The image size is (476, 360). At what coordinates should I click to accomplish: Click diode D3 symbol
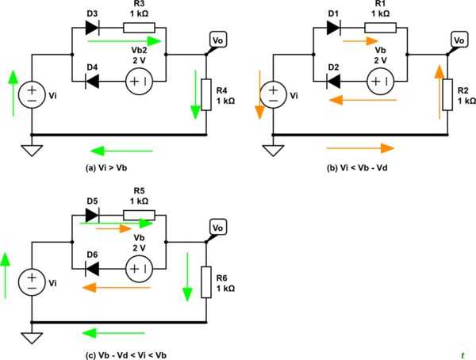click(91, 28)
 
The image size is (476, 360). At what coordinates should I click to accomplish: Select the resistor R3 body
click(138, 28)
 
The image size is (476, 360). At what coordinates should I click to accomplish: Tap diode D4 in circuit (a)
click(91, 81)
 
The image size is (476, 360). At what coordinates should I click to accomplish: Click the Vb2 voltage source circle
click(138, 81)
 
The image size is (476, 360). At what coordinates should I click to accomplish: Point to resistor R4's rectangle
click(206, 95)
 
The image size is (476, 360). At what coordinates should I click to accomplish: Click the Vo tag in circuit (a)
click(217, 40)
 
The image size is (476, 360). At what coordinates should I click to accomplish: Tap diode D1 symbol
click(332, 28)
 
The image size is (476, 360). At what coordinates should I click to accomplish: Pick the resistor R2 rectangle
click(447, 95)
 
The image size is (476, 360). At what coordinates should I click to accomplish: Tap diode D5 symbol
click(91, 215)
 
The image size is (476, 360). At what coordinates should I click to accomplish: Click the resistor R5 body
click(138, 215)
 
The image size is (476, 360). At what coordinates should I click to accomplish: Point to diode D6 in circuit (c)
click(91, 268)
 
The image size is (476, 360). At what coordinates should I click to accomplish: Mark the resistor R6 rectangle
click(206, 281)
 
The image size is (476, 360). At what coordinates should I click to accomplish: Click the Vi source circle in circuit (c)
click(32, 281)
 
